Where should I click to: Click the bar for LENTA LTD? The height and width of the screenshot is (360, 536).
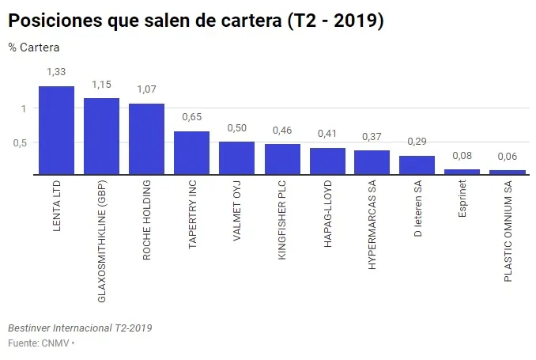[x=56, y=131]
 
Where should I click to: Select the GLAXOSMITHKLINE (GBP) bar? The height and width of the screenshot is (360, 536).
[x=101, y=136]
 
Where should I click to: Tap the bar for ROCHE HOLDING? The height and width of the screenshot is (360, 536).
[x=146, y=139]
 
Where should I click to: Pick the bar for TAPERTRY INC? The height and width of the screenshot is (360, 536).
[x=191, y=153]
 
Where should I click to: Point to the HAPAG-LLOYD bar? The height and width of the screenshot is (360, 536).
[x=327, y=161]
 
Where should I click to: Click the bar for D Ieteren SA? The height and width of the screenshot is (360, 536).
[x=417, y=165]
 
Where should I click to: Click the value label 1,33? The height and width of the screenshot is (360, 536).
[x=57, y=72]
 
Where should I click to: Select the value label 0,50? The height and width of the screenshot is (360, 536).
[x=237, y=128]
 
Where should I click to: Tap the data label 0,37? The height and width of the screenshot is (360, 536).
[x=372, y=136]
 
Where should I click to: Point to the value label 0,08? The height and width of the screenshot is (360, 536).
[x=462, y=156]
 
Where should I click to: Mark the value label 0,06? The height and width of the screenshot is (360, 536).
[x=507, y=157]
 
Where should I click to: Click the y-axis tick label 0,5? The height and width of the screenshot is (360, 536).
[x=20, y=142]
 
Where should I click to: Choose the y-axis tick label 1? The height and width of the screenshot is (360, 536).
[x=25, y=108]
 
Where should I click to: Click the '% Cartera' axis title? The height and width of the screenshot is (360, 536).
[x=34, y=47]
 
